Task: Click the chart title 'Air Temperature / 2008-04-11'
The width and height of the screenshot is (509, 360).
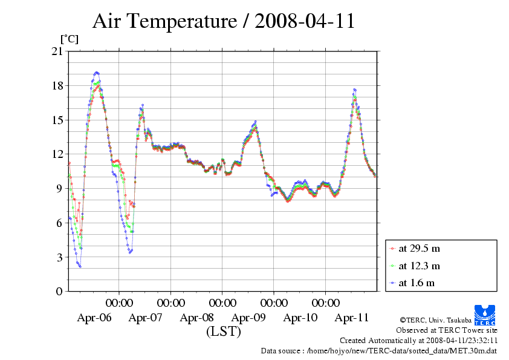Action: click(x=223, y=22)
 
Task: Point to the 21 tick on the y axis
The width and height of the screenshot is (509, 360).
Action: click(x=57, y=51)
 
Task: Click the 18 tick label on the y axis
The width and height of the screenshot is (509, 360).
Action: click(x=57, y=86)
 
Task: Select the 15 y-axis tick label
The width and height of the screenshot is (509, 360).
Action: click(x=57, y=120)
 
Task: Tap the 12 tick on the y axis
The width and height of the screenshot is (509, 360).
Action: click(x=57, y=154)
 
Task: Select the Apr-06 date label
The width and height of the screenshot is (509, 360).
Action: click(x=94, y=317)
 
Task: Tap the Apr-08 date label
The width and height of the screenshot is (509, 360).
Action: click(x=197, y=317)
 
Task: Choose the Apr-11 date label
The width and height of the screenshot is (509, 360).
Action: click(x=352, y=317)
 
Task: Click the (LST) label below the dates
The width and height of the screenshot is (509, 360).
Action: click(x=224, y=332)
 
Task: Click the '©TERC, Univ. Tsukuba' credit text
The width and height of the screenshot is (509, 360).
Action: click(x=435, y=319)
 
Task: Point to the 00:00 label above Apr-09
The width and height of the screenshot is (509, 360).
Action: click(x=274, y=303)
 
